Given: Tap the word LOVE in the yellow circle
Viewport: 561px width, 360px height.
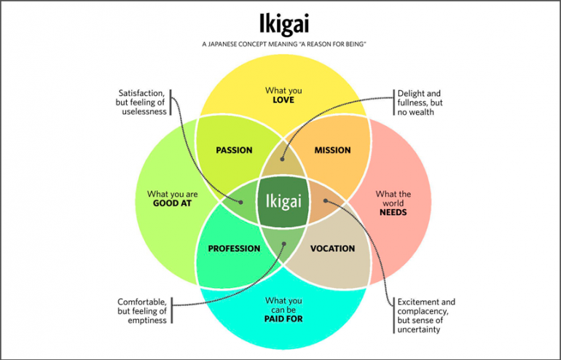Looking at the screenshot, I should point(283,100).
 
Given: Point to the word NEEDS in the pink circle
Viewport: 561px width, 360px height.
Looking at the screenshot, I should point(393,214).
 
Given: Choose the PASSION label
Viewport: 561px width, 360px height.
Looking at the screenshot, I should point(235,150).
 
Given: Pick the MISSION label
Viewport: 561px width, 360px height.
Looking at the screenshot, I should point(332,150).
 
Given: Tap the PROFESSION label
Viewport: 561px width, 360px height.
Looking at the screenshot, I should point(234,249).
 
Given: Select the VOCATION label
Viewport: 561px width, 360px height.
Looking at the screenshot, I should point(332,249).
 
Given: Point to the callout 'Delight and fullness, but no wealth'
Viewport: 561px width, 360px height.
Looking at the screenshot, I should point(420,103).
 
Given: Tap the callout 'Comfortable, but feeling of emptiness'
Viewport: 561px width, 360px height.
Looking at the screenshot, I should point(142,310).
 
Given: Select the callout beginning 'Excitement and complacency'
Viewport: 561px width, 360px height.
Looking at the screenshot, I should point(426,316).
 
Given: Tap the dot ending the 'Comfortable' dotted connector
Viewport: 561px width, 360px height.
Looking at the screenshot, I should point(283,243).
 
